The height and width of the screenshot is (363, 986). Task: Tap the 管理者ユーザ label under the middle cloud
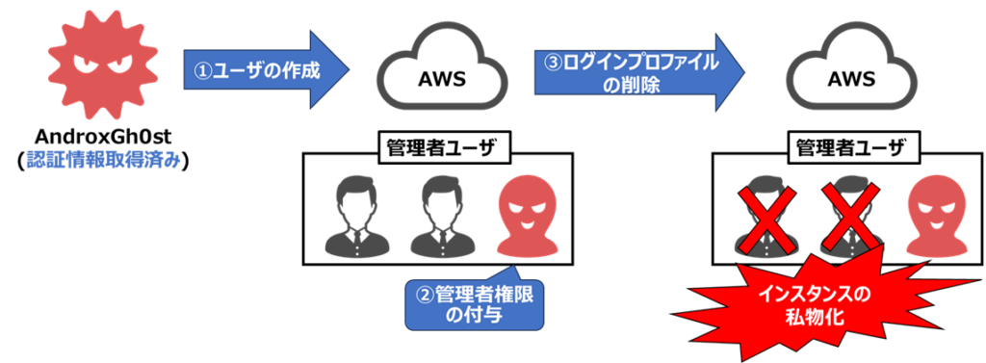(441, 147)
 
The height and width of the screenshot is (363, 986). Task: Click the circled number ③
(553, 63)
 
